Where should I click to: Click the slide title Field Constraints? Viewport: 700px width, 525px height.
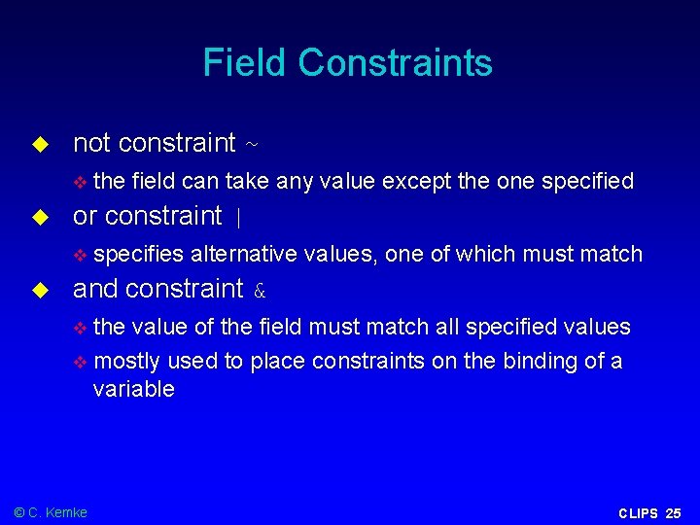347,63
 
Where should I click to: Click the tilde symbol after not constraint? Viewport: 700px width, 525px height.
252,145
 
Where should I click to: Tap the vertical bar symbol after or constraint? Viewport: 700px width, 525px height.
239,218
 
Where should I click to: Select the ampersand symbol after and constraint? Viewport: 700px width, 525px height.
260,291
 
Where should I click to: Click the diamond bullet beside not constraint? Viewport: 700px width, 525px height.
40,144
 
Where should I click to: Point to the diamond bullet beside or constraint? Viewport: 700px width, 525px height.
40,217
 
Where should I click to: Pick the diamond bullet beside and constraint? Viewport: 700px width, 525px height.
40,290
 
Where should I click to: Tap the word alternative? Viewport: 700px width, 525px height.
244,254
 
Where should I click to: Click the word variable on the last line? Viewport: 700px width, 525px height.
133,389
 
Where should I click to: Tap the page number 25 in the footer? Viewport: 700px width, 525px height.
674,513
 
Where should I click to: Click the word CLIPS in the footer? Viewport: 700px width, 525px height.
638,513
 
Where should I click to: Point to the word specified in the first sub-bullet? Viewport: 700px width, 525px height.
588,181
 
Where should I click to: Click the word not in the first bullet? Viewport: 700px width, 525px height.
91,143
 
